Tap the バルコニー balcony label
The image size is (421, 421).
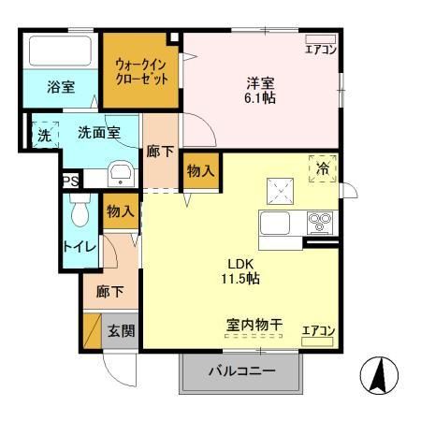point(241,371)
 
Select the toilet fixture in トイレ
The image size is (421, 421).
point(79,211)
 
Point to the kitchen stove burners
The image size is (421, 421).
point(320,223)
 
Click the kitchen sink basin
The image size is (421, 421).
point(278,225)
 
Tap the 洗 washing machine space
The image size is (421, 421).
point(43,134)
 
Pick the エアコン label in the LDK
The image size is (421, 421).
point(319,329)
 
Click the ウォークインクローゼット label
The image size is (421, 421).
point(140,71)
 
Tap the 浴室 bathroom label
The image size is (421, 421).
point(61,88)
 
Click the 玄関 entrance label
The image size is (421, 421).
point(118,329)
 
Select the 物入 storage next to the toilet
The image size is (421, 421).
point(121,211)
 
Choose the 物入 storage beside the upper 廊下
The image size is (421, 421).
point(199,171)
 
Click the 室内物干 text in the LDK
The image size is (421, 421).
point(254,324)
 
